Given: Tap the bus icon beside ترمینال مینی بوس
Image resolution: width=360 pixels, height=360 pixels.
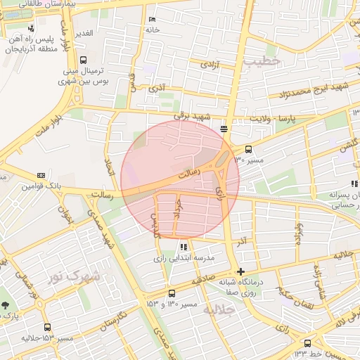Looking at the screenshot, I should click(84, 60).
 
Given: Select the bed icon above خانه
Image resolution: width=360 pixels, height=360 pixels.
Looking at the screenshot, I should click(153, 20).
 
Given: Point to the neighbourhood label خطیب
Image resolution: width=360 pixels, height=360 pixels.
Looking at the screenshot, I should click(262, 61).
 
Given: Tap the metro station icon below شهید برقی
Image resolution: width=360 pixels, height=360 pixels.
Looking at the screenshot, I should click(224, 129).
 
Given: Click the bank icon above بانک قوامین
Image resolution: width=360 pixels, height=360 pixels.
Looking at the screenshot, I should click(41, 175).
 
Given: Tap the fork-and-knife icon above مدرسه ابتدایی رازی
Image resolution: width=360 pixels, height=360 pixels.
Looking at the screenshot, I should click(184, 247).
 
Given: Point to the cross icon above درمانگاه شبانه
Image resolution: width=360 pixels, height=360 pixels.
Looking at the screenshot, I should click(241, 271).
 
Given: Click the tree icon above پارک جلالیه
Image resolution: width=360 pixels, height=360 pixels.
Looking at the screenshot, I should click(6, 306).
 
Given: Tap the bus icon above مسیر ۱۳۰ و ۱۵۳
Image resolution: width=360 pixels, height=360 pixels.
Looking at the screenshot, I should click(172, 293).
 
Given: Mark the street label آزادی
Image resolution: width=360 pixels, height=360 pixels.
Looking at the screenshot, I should click(210, 64).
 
